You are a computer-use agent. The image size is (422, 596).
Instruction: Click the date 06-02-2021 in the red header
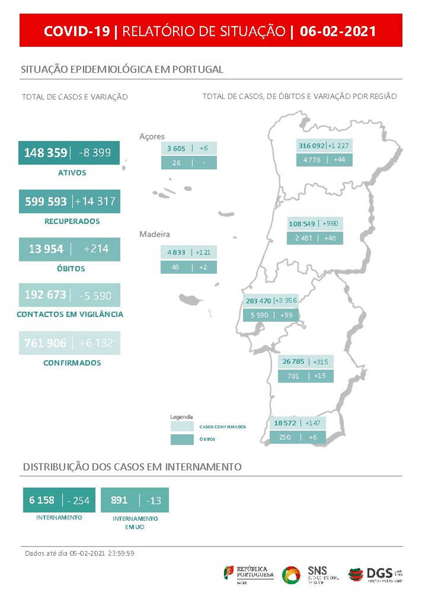point(338,31)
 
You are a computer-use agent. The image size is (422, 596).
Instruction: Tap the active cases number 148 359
point(46,153)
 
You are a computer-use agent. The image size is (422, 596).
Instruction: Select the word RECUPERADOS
point(72,221)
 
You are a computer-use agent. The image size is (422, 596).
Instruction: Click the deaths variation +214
point(96,249)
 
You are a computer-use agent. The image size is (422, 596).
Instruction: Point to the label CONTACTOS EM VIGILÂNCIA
point(70,314)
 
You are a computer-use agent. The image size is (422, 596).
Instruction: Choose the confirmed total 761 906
point(45,343)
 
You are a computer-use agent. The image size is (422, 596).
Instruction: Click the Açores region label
point(152,136)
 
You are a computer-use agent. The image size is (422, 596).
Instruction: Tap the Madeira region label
point(154,234)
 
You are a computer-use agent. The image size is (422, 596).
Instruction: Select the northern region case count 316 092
point(311,146)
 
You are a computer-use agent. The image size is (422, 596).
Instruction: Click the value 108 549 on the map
point(302,224)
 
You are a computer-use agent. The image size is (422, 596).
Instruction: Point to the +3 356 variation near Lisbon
point(286,301)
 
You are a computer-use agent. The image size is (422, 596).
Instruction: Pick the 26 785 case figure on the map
point(293,362)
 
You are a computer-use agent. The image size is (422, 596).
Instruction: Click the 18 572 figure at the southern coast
point(285,423)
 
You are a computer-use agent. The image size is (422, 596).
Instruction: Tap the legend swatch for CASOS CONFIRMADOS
point(182,426)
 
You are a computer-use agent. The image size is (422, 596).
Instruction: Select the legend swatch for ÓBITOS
point(182,439)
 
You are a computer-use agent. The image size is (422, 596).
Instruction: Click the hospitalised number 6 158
point(41,500)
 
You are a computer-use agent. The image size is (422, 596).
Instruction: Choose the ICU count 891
point(119,500)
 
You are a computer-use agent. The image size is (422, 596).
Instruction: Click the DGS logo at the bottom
point(375,574)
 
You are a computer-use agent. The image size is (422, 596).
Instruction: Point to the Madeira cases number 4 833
point(176,252)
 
